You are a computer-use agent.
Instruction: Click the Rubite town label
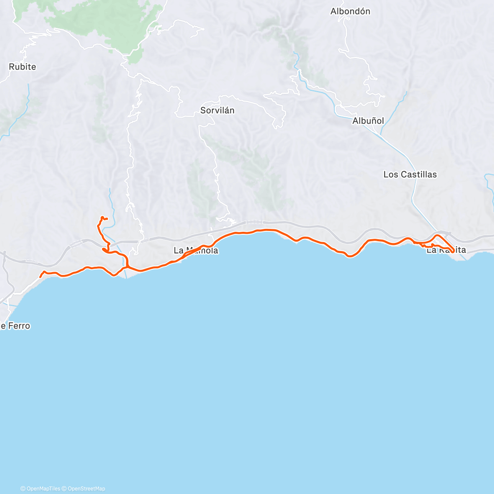point(22,67)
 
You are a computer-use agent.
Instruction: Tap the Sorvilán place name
point(217,110)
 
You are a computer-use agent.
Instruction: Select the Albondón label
point(350,12)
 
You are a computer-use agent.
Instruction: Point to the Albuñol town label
point(368,121)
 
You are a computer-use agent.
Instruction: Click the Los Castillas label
point(410,175)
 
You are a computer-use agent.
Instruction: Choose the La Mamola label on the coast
point(196,251)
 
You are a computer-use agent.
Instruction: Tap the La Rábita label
point(446,250)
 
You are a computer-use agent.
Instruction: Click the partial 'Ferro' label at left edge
point(15,326)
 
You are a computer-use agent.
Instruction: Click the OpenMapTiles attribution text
point(40,489)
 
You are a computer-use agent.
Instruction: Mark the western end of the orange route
point(40,277)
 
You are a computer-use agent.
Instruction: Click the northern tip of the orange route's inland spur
point(102,217)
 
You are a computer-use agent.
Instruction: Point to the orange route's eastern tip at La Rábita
point(453,252)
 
